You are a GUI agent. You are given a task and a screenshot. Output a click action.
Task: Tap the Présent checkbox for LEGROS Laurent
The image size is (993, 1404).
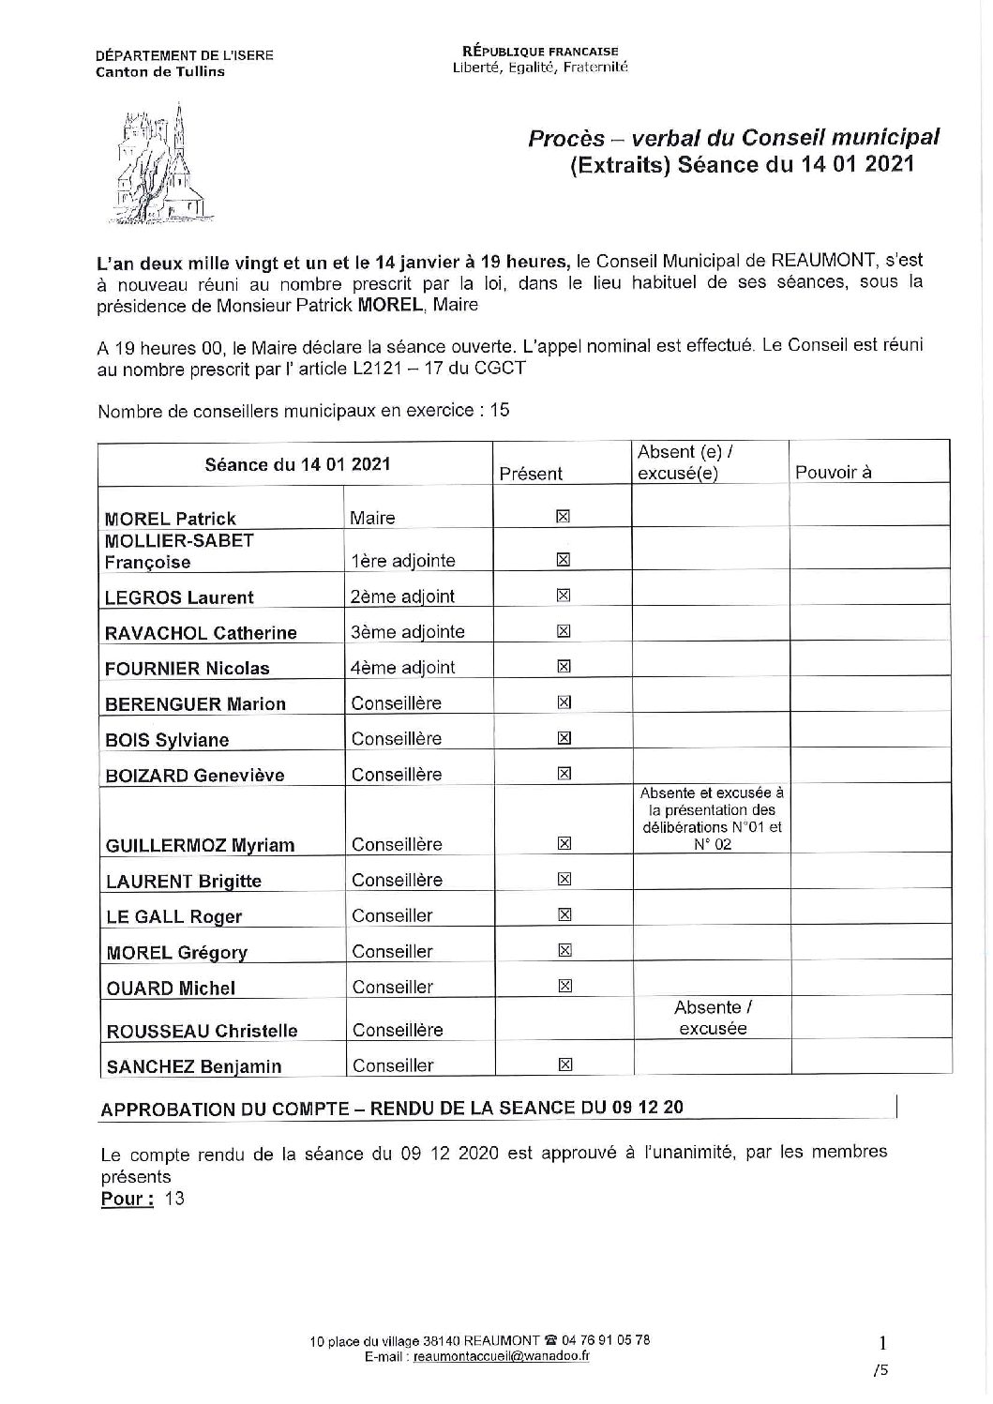click(x=564, y=595)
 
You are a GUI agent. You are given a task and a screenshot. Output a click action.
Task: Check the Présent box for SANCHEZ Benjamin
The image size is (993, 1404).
click(x=564, y=1064)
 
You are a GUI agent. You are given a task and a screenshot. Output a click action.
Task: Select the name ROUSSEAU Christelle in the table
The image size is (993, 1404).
click(x=202, y=1031)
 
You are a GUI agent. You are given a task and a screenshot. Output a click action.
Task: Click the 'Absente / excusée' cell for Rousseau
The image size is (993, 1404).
click(x=712, y=1018)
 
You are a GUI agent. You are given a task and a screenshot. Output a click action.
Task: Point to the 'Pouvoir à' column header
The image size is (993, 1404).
click(x=833, y=472)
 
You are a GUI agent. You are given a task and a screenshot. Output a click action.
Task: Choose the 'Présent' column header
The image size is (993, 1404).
click(x=531, y=474)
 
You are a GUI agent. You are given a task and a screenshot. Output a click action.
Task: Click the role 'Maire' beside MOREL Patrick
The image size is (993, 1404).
click(x=372, y=518)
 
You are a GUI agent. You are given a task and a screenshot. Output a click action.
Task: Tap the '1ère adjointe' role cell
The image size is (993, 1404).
click(x=402, y=561)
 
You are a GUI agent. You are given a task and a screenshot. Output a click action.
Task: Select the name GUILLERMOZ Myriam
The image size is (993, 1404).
click(x=201, y=845)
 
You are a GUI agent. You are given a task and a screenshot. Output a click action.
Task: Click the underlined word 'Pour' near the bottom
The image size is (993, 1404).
click(x=127, y=1199)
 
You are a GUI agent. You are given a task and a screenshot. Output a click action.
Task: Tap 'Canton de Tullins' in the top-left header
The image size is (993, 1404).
click(x=160, y=71)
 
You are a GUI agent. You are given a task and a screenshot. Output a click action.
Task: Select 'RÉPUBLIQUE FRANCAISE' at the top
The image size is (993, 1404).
click(x=540, y=51)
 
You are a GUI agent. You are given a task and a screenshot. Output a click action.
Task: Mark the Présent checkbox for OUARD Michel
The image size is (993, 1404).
click(x=564, y=986)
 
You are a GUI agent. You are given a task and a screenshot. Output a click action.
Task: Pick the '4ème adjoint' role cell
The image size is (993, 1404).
click(x=402, y=668)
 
